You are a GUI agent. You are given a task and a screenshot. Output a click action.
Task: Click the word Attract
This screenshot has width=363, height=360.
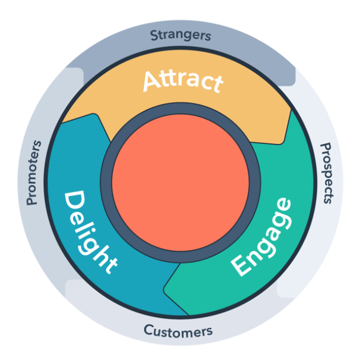[183, 81]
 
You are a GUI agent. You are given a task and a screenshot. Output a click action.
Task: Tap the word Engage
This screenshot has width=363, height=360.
[262, 237]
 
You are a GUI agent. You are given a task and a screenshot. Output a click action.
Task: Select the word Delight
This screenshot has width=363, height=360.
[90, 232]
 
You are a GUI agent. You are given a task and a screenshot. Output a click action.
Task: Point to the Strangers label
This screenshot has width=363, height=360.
[180, 35]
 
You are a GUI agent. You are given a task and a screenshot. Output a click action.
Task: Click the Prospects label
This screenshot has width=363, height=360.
[327, 174]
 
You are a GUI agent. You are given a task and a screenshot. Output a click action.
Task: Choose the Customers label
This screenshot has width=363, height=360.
[178, 331]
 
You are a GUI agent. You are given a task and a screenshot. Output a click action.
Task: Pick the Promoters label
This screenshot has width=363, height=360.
[33, 172]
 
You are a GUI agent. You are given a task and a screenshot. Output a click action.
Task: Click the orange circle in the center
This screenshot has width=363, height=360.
[180, 183]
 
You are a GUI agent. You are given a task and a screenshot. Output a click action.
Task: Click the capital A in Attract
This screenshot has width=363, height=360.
[151, 81]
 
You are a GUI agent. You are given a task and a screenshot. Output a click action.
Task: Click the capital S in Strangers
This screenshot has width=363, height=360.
[154, 35]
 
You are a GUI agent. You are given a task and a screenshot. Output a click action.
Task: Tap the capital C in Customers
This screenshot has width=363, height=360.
[148, 330]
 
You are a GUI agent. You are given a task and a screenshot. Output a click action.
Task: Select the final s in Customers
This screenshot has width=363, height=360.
[209, 331]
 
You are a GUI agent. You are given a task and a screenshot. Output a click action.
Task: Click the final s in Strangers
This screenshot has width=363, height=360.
[208, 37]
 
